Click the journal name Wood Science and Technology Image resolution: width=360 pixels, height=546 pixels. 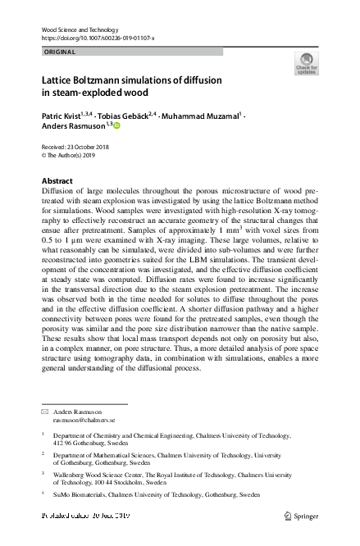point(84,30)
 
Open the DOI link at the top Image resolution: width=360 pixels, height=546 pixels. point(97,39)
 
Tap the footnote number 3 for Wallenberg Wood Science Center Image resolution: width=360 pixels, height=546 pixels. point(43,474)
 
